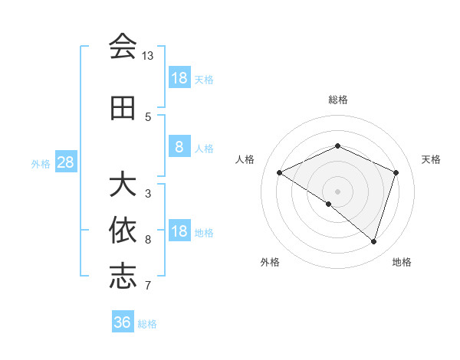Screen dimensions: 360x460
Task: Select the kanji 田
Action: coord(123,108)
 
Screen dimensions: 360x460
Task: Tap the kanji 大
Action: coord(123,185)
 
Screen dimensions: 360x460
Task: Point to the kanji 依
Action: coord(123,231)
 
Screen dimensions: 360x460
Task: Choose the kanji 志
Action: coord(123,277)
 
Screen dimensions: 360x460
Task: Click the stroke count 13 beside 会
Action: coord(148,56)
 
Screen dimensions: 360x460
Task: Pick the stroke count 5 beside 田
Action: coord(148,116)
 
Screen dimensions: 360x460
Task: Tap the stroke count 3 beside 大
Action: coord(148,193)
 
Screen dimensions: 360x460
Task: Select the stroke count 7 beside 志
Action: coord(148,285)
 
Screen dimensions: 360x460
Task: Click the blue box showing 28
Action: coord(65,162)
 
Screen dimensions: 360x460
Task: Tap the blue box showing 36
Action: coord(123,322)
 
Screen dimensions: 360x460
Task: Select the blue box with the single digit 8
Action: coord(179,147)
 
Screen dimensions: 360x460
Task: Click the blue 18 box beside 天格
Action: coord(179,78)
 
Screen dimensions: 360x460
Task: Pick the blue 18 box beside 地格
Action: coord(179,232)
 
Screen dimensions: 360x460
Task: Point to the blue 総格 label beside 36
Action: coord(147,324)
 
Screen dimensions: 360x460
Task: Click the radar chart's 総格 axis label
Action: coord(337,100)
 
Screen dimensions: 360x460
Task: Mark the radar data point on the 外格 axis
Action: coord(329,204)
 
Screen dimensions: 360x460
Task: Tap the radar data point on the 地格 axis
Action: coord(373,241)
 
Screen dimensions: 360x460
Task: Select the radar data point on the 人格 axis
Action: coord(280,172)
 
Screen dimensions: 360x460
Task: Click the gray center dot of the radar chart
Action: coord(337,191)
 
